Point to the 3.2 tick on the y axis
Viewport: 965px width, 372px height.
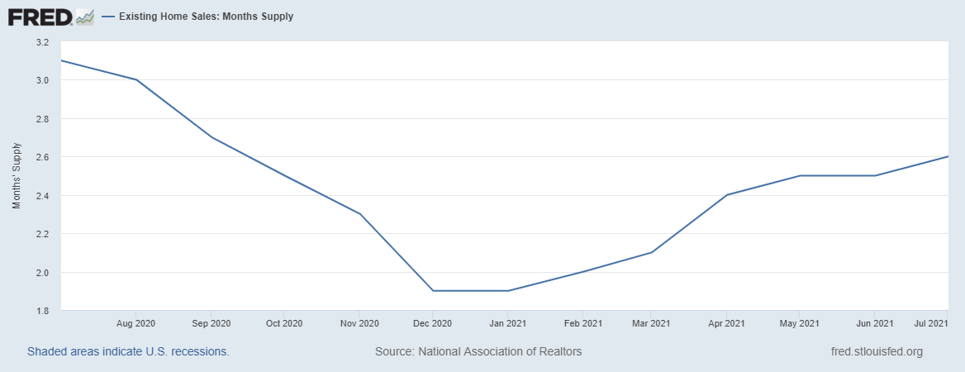click(x=42, y=42)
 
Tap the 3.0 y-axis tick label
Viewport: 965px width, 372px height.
click(x=42, y=80)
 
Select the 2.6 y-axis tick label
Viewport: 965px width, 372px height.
click(x=42, y=157)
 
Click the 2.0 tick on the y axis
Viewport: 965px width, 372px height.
click(x=42, y=273)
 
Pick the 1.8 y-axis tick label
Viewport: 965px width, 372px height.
click(x=42, y=311)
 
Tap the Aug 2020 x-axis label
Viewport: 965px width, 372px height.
click(x=136, y=322)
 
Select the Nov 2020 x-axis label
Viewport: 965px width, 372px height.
click(x=359, y=322)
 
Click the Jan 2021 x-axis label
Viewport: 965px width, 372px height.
click(x=507, y=322)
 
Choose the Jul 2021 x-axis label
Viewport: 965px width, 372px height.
click(x=929, y=322)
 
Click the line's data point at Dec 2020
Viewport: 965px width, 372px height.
click(x=432, y=291)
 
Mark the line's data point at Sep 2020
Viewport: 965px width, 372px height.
click(x=211, y=137)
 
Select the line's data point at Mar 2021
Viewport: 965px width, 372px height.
click(x=652, y=252)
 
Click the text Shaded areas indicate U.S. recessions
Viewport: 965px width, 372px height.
click(x=128, y=351)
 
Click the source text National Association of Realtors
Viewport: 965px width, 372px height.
click(x=478, y=351)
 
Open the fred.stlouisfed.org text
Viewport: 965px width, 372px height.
click(x=877, y=351)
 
